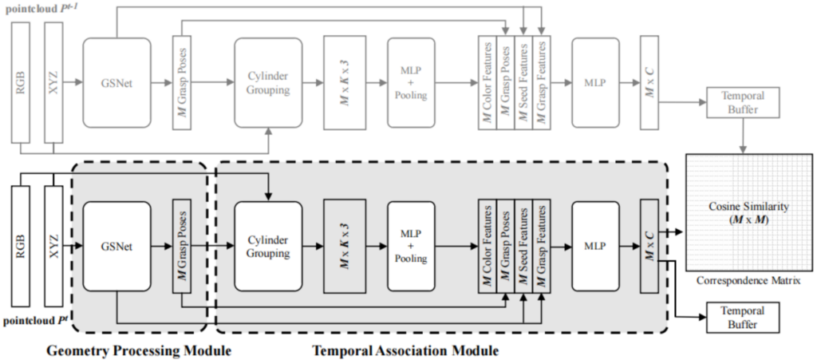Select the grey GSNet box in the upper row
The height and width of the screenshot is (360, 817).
[x=116, y=81]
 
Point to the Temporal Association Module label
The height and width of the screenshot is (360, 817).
[x=405, y=350]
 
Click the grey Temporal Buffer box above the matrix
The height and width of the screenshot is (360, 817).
[x=742, y=105]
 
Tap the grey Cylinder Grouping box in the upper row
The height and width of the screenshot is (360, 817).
[x=268, y=81]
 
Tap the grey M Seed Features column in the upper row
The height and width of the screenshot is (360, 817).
[x=523, y=81]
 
